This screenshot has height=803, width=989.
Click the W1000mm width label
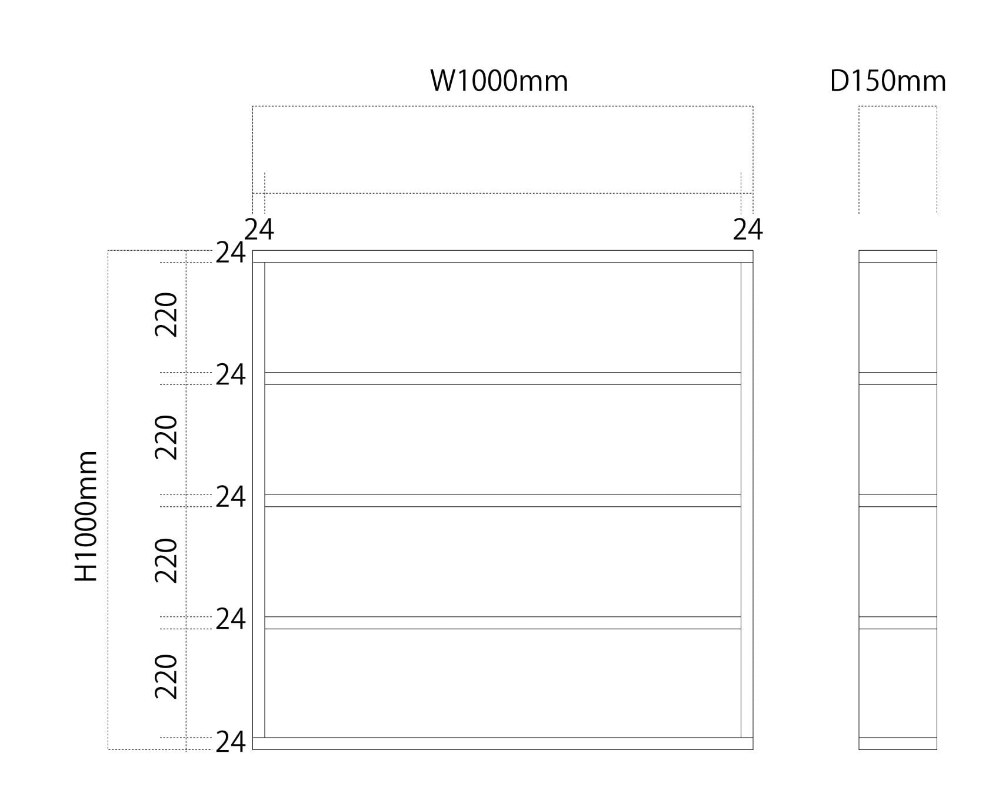pos(499,81)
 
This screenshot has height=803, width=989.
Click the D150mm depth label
pos(888,81)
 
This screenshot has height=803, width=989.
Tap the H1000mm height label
pos(86,516)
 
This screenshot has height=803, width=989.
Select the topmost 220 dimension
pos(166,314)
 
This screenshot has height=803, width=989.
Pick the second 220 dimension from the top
pos(166,437)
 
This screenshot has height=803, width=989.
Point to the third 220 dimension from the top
pos(166,560)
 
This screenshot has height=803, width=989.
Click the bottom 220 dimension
pos(166,676)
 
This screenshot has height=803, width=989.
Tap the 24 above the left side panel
pos(259,230)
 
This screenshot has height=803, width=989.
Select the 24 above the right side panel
pos(747,230)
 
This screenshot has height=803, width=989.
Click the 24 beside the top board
pos(230,253)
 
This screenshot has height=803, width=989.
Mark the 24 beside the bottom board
pos(230,743)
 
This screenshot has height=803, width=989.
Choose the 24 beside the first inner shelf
pos(230,375)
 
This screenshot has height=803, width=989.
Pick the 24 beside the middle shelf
pos(230,497)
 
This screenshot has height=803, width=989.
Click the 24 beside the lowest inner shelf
pos(230,619)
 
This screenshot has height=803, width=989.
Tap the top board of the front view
pos(502,256)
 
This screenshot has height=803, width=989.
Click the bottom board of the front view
pos(502,744)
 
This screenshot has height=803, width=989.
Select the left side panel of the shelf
pos(258,500)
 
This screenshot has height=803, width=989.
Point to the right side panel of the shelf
pos(747,500)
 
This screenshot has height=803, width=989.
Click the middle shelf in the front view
pos(502,500)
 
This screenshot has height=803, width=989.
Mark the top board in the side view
pos(897,256)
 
